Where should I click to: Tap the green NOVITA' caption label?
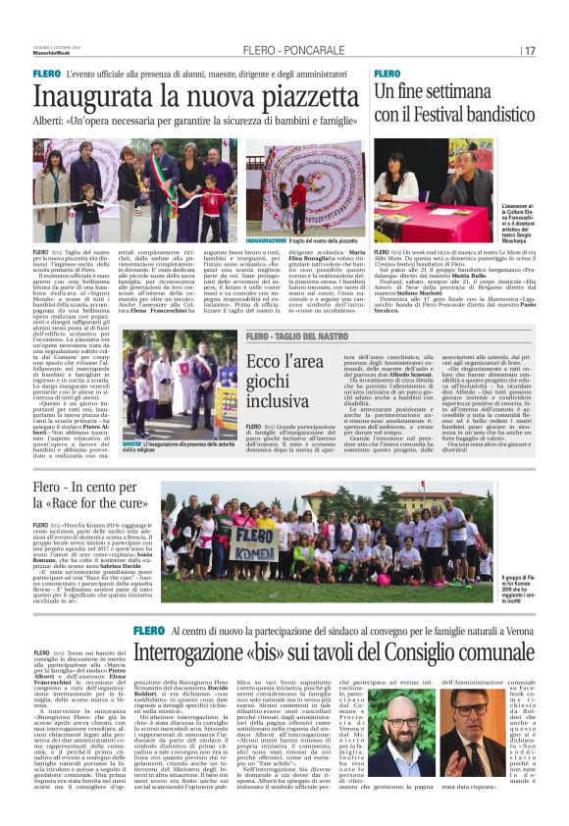click(131, 443)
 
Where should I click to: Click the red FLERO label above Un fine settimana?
click(387, 74)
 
